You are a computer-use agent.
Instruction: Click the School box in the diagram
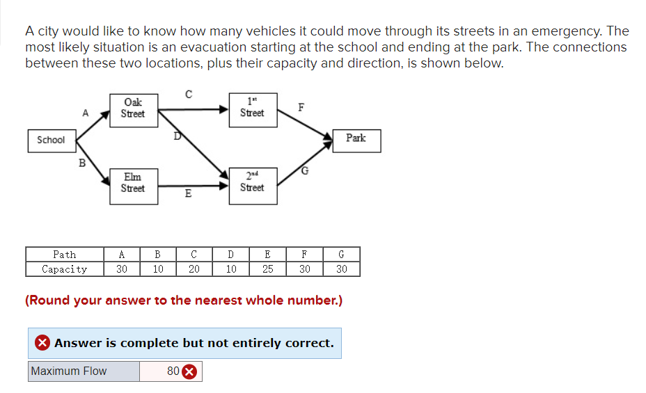tap(51, 140)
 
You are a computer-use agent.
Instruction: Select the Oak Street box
tap(132, 109)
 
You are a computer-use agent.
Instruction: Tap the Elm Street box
tap(132, 183)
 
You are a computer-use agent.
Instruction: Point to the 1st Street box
tap(252, 109)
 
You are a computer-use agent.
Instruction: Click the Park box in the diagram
tap(356, 138)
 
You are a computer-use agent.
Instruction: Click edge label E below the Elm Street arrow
tap(188, 194)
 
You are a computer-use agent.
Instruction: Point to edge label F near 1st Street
tap(301, 107)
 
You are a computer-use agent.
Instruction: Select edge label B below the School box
tap(82, 164)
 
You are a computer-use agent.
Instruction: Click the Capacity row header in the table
tap(65, 269)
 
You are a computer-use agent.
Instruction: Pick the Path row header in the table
tap(65, 255)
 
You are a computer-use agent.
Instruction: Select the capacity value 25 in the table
tap(267, 269)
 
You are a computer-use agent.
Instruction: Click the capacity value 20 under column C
tap(194, 269)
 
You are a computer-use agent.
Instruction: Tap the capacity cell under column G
tap(341, 269)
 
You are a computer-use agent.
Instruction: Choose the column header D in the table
tap(231, 255)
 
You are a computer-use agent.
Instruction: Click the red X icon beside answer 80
tap(189, 371)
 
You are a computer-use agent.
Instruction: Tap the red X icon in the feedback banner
tap(43, 343)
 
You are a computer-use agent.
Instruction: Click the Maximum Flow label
tap(69, 371)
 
